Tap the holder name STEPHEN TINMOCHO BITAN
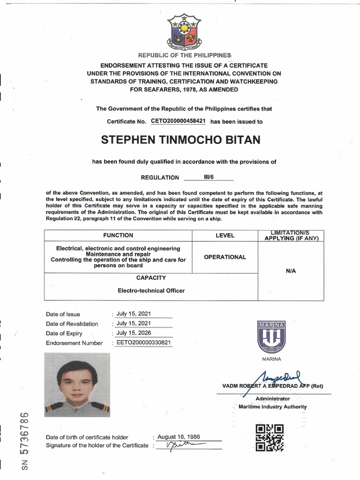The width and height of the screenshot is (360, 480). [181, 140]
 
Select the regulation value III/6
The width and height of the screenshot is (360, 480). [208, 177]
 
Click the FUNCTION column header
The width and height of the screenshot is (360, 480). [118, 235]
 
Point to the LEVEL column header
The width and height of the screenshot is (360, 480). [225, 235]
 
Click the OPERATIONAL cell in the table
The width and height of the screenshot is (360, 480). [225, 257]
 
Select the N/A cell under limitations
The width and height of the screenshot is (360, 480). [290, 271]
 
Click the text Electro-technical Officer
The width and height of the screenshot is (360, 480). [150, 291]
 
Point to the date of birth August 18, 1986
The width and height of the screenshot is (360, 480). [178, 436]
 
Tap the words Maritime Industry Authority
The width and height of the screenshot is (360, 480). [272, 407]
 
